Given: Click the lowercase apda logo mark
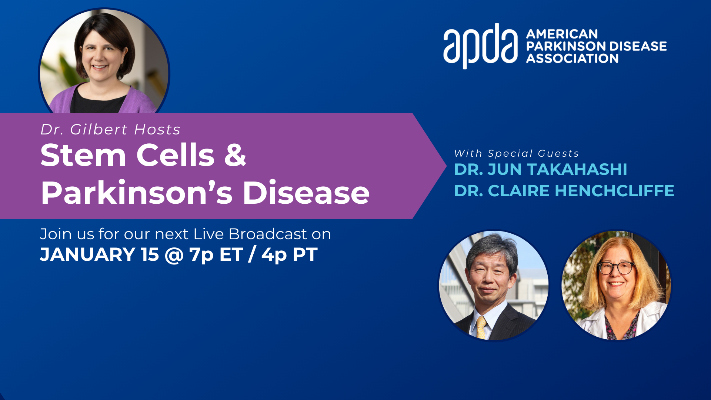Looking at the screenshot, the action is pyautogui.click(x=480, y=46).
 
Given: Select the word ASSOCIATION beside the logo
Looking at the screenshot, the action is pyautogui.click(x=572, y=59).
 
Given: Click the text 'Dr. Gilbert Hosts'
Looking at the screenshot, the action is pyautogui.click(x=110, y=129).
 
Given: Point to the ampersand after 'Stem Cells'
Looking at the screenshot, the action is pyautogui.click(x=235, y=154).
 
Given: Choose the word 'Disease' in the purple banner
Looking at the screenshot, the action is pyautogui.click(x=306, y=192).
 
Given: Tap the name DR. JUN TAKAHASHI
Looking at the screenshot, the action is pyautogui.click(x=540, y=169).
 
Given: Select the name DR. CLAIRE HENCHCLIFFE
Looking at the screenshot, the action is pyautogui.click(x=564, y=191).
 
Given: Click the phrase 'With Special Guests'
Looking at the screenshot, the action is pyautogui.click(x=517, y=153).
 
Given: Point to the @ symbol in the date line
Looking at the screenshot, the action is pyautogui.click(x=174, y=255).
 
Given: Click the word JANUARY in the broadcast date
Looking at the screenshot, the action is pyautogui.click(x=87, y=254).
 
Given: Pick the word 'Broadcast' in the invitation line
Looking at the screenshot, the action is pyautogui.click(x=268, y=234).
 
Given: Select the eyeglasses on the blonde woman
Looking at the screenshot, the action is pyautogui.click(x=616, y=267).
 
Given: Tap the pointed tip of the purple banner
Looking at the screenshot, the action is pyautogui.click(x=446, y=166).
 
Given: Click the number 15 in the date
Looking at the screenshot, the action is pyautogui.click(x=150, y=254).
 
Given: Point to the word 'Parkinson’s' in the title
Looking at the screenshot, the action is pyautogui.click(x=137, y=192).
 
